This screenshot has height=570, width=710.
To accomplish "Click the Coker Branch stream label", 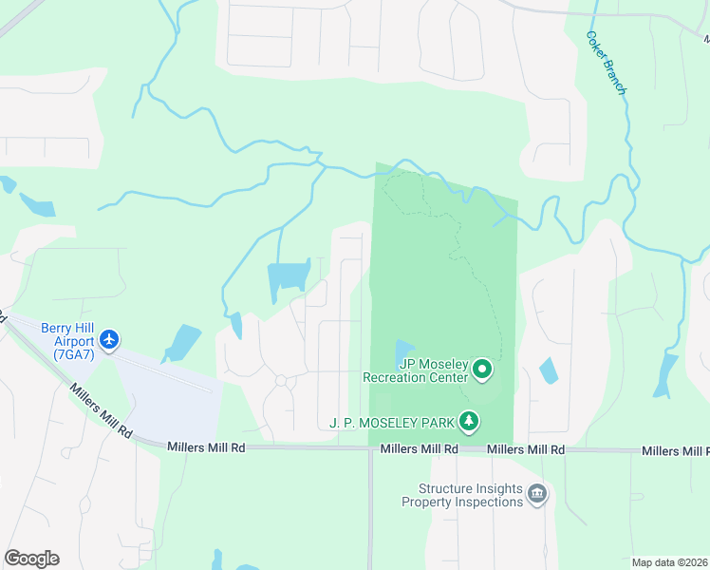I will coord(606,63).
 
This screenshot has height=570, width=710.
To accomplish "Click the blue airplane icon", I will coord(110,339).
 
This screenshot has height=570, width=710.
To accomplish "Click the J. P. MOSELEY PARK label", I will coord(390,421).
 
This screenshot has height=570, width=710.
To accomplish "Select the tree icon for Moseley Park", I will coord(467,420).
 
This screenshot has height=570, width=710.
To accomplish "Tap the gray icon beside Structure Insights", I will coord(537,494).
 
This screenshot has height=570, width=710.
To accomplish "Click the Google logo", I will coord(31,558).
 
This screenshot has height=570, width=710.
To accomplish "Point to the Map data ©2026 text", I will coord(668,561).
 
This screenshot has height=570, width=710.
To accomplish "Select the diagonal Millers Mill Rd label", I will coord(100,409).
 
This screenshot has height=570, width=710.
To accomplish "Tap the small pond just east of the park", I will coord(548,370).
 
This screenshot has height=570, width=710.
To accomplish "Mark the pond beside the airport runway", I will coord(182,343).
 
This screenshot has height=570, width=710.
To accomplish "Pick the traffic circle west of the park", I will coord(281,381).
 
